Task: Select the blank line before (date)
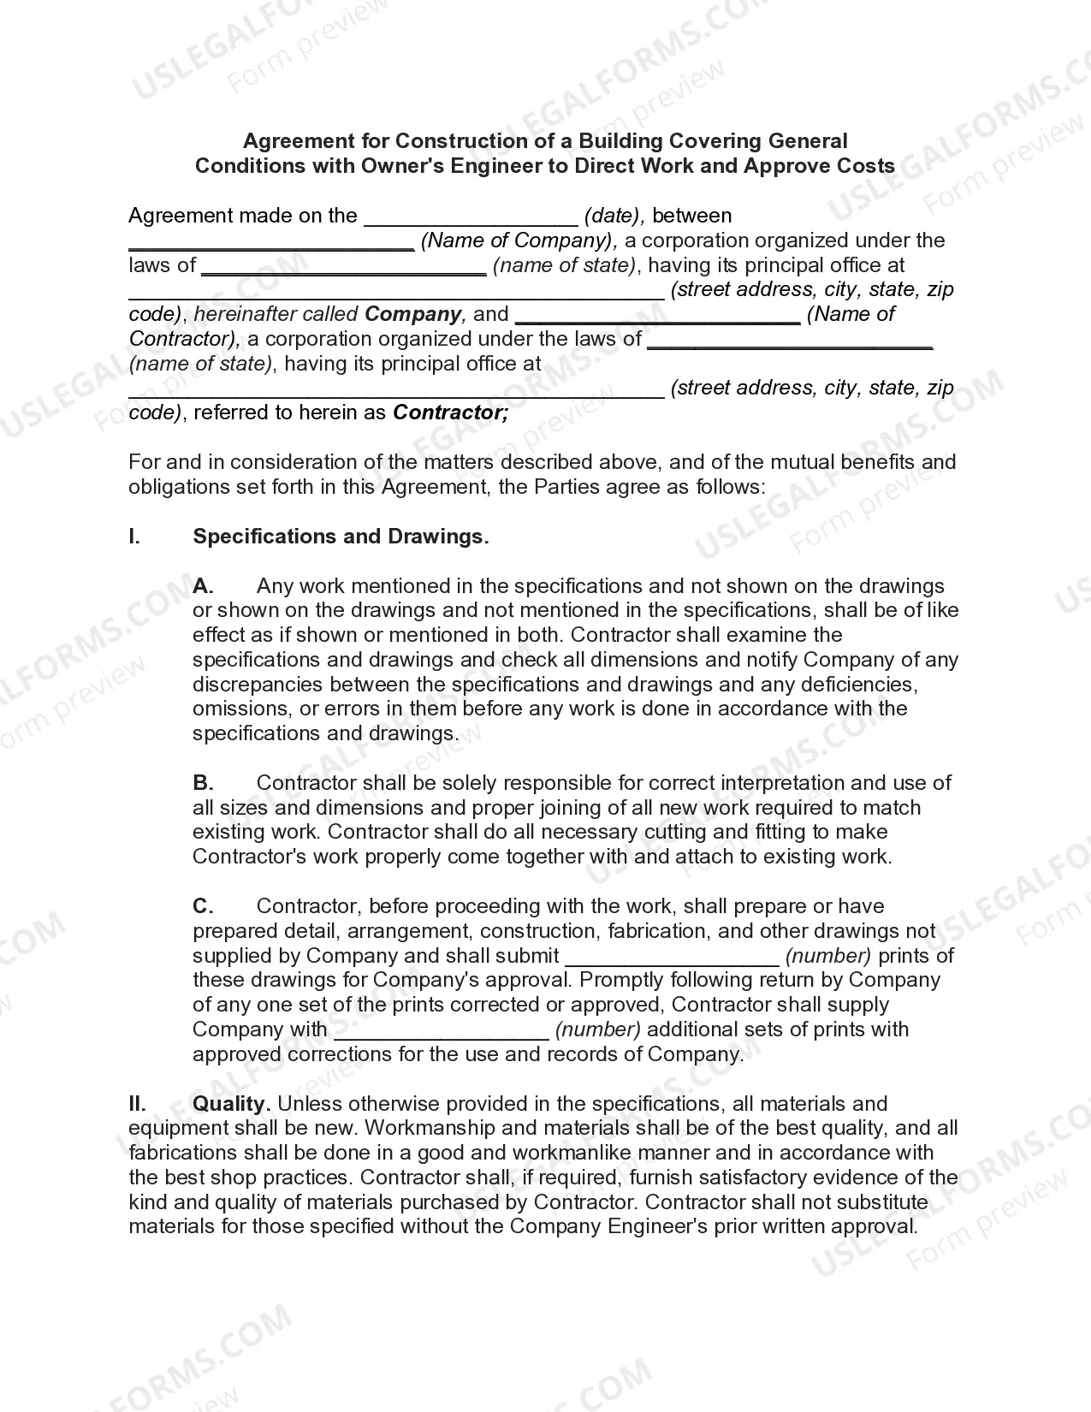471,217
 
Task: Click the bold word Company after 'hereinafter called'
412,314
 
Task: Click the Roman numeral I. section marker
134,537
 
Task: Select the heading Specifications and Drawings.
341,537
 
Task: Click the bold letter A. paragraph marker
203,586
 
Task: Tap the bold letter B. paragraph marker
203,783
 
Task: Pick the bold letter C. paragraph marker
203,906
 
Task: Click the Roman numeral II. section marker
138,1104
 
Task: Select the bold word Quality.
232,1104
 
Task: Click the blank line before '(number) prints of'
673,958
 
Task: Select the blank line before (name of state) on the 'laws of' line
343,267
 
